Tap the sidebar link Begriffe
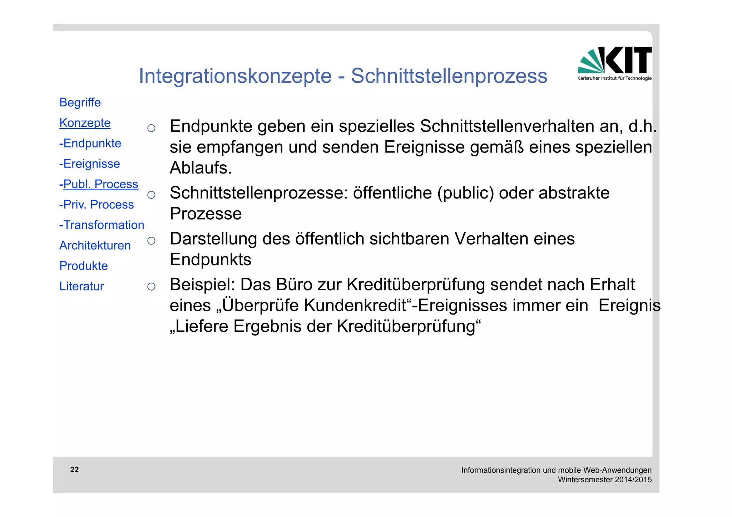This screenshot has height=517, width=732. [80, 102]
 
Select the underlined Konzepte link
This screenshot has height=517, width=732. [85, 123]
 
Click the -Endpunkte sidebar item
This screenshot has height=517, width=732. [90, 143]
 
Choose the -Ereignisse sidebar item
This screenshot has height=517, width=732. [90, 164]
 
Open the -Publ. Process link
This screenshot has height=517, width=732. [99, 184]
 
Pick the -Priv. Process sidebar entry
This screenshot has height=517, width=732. [97, 204]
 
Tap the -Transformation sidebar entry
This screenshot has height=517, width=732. [102, 225]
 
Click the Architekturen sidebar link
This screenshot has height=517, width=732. [95, 245]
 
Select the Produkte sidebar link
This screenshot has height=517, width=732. [84, 266]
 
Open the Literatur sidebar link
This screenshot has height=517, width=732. [81, 286]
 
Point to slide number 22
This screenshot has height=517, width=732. [74, 470]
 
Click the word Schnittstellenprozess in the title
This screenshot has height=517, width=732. [449, 76]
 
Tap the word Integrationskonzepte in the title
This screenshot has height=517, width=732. [235, 76]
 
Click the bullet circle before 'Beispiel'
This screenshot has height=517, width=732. [151, 286]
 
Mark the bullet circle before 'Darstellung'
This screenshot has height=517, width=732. [151, 241]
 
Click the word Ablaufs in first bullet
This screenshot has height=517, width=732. [201, 168]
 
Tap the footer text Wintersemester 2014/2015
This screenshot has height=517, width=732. [605, 480]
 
